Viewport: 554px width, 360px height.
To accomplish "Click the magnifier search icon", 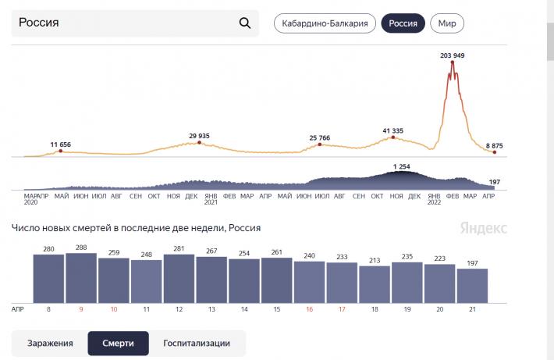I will pyautogui.click(x=245, y=23).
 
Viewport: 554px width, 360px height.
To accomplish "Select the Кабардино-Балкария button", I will pyautogui.click(x=325, y=23).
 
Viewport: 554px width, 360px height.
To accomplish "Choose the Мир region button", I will pyautogui.click(x=447, y=23).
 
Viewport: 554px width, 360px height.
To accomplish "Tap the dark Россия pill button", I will pyautogui.click(x=403, y=23).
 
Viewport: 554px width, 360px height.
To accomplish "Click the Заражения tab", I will pyautogui.click(x=50, y=343).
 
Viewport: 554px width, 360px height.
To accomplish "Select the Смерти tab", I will pyautogui.click(x=118, y=343).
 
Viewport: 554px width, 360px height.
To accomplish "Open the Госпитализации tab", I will pyautogui.click(x=197, y=343).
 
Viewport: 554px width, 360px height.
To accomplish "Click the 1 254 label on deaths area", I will pyautogui.click(x=402, y=166).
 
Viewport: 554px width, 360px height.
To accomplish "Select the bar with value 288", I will pyautogui.click(x=81, y=277).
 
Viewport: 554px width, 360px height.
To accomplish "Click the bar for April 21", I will pyautogui.click(x=472, y=285).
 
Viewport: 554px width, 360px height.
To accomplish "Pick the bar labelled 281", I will pyautogui.click(x=179, y=278).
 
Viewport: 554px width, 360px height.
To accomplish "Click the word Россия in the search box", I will pyautogui.click(x=39, y=23).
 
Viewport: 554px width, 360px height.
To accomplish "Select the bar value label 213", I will pyautogui.click(x=375, y=259).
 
